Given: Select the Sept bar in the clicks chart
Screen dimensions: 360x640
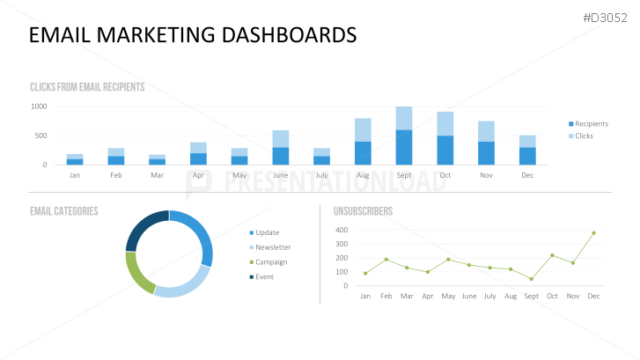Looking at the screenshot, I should (404, 136).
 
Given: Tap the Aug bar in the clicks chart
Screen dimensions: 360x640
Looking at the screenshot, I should (363, 142).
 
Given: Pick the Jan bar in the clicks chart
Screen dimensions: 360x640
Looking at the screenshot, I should (75, 159).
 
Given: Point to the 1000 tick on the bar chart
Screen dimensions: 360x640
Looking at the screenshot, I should (39, 107).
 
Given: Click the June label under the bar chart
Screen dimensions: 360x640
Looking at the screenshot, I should (280, 175).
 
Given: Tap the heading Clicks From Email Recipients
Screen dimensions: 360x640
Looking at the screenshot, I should (87, 87).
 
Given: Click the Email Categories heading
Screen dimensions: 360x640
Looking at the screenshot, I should (63, 211).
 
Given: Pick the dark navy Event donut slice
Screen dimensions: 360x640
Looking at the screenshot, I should (143, 228).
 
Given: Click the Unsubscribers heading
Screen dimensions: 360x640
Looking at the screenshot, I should (363, 211).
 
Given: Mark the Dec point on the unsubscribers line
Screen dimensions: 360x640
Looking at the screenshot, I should (593, 233).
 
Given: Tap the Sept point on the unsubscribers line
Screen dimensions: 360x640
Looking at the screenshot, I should (531, 279).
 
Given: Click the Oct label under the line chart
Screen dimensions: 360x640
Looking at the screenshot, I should (552, 297).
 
